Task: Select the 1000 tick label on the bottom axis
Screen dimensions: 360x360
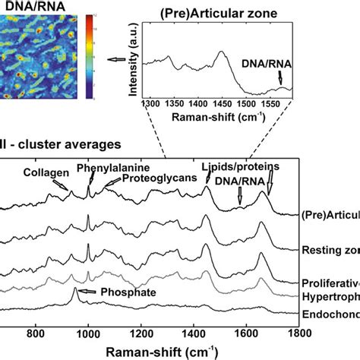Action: click(88, 333)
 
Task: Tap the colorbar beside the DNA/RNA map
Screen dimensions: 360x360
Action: click(91, 46)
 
